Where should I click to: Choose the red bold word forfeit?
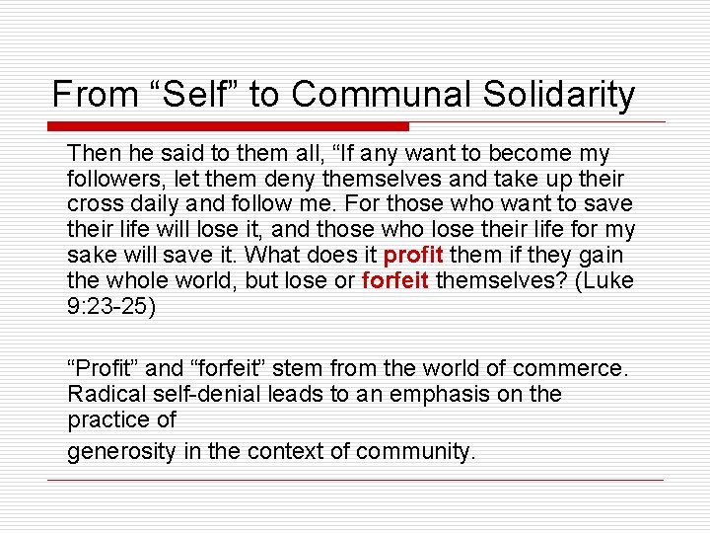pyautogui.click(x=395, y=281)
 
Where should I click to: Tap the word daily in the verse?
pyautogui.click(x=152, y=204)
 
